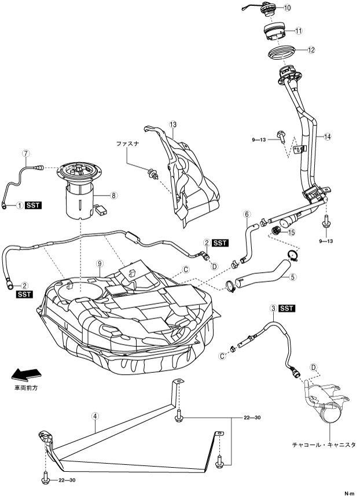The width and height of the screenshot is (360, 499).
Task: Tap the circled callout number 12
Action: tap(311, 50)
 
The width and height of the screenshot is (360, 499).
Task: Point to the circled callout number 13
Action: tap(172, 124)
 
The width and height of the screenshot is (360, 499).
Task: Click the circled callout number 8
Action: tap(114, 196)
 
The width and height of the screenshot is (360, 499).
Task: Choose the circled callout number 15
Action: tap(291, 232)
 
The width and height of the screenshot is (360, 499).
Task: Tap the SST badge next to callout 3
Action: tap(287, 309)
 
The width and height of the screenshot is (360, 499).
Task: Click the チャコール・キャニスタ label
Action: tap(324, 445)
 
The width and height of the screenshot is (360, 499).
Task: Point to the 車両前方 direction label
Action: tap(26, 388)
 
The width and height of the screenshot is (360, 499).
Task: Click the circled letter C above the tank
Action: tap(186, 269)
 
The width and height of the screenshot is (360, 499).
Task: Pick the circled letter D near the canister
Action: tap(314, 367)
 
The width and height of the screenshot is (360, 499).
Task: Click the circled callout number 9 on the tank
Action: tap(100, 263)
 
